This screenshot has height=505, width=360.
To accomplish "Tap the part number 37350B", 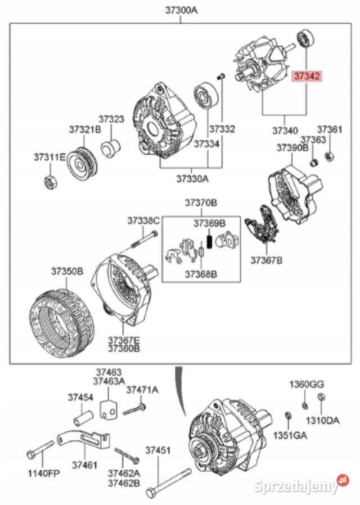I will point(67,271).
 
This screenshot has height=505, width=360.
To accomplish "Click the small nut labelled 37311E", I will point(49,182).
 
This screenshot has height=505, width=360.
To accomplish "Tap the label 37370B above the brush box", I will point(201,202).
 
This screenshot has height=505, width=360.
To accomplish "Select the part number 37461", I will point(84,466).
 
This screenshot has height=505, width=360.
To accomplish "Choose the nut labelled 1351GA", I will point(287,416).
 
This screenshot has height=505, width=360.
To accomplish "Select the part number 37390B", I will point(292,147).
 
